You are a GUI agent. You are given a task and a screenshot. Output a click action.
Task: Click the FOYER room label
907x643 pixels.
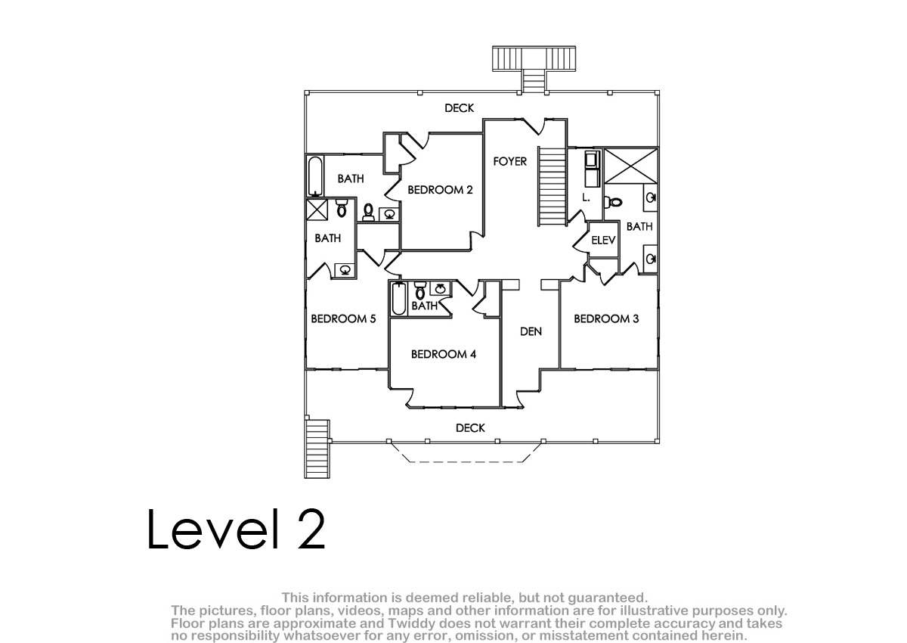tap(509, 162)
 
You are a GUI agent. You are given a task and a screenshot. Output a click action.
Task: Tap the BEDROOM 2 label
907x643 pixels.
tap(440, 190)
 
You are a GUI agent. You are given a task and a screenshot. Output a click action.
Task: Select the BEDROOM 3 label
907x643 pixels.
tap(606, 319)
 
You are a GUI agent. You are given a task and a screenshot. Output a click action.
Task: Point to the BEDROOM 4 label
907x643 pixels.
tap(444, 355)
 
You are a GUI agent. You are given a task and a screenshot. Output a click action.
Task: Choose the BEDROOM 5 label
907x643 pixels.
tap(343, 319)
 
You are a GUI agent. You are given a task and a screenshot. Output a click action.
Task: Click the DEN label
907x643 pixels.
tap(531, 332)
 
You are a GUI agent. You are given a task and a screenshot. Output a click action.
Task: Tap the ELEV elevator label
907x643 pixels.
tap(603, 241)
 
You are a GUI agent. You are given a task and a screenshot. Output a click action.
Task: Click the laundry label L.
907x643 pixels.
tap(586, 197)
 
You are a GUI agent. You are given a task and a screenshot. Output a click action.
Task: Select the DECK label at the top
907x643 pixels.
tap(460, 108)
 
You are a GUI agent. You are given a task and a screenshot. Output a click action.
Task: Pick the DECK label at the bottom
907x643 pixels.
tap(470, 428)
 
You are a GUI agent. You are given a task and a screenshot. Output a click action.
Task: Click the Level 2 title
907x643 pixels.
tap(236, 529)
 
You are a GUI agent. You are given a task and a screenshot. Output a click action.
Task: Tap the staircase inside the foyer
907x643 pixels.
tap(552, 186)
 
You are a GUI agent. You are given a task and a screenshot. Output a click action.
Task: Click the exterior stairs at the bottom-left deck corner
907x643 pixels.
tap(317, 449)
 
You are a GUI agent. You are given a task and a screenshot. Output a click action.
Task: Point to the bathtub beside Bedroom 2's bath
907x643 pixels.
tap(315, 177)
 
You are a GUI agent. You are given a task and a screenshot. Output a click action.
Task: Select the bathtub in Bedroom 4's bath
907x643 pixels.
tap(399, 299)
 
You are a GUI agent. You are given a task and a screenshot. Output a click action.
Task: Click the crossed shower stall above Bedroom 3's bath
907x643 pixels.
tap(631, 166)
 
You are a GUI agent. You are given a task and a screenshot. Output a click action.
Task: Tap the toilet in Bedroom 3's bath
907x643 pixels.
tap(613, 202)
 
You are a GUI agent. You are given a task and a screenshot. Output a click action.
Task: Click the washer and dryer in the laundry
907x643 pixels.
tap(593, 169)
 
